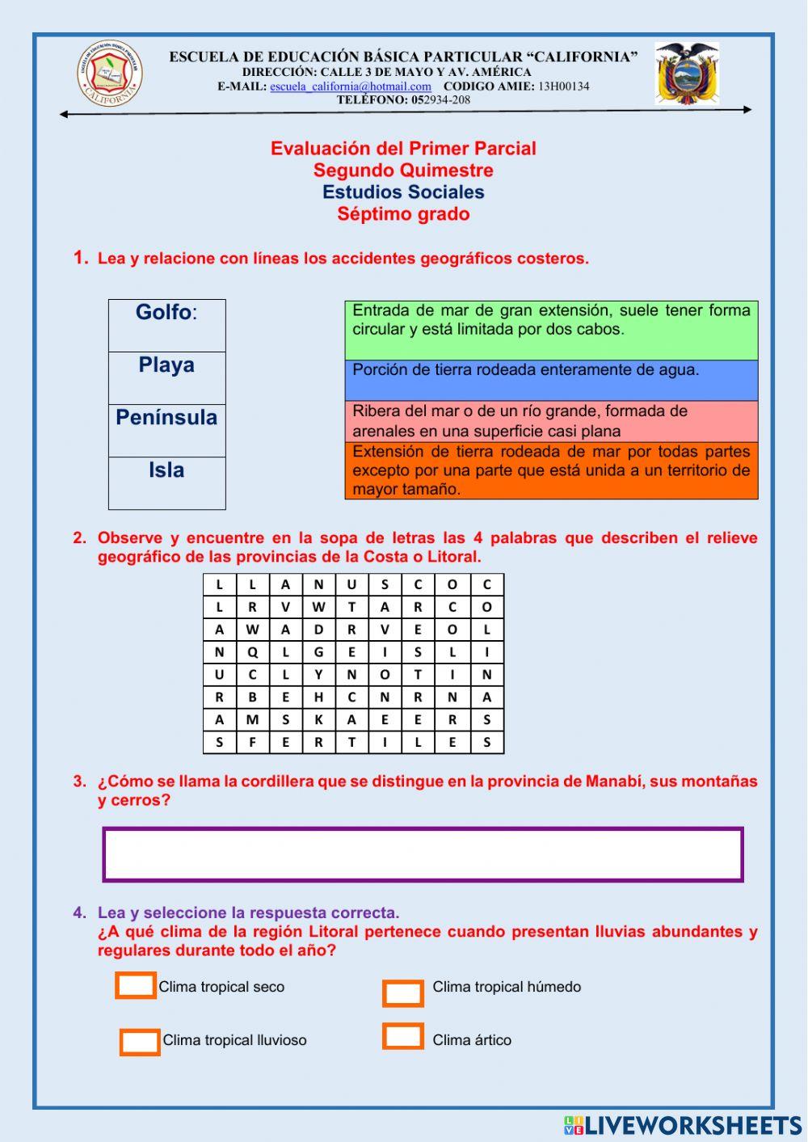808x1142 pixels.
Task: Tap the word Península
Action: tap(166, 418)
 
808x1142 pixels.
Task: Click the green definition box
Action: tap(551, 330)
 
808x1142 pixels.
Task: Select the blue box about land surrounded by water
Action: tap(551, 380)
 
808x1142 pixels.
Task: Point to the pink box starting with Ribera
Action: tap(551, 421)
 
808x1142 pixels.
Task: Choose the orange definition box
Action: tap(551, 470)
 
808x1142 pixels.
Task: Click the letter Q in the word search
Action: tap(252, 652)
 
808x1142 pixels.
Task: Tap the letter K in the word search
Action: tap(318, 720)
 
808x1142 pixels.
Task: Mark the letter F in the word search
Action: tap(252, 743)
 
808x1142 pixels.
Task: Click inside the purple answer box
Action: tap(423, 854)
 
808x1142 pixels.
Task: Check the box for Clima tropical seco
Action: tap(136, 986)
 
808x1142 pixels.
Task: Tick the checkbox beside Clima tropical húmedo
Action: tap(403, 993)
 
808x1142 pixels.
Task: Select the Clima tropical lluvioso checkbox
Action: tap(140, 1042)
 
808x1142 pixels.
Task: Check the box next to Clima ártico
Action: tap(403, 1036)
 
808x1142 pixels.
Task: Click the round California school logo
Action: tap(110, 74)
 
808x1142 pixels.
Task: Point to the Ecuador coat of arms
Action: tap(686, 74)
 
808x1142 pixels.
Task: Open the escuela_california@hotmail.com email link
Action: tap(350, 86)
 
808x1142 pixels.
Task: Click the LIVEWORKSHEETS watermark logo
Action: tap(683, 1125)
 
